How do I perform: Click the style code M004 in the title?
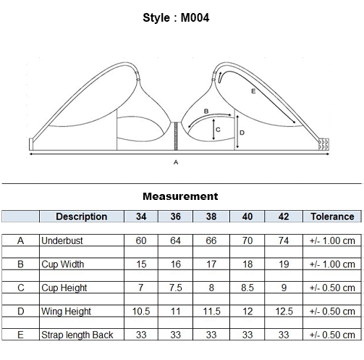(x=195, y=18)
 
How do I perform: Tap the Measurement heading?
(x=180, y=196)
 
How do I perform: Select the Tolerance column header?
(x=332, y=217)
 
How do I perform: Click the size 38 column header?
(x=211, y=217)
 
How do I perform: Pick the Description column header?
(x=82, y=217)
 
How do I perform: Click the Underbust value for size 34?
(x=141, y=240)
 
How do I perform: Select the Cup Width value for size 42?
(x=284, y=264)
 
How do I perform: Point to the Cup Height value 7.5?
(x=175, y=288)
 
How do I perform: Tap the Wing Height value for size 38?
(x=211, y=311)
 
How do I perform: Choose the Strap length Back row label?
(x=77, y=335)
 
